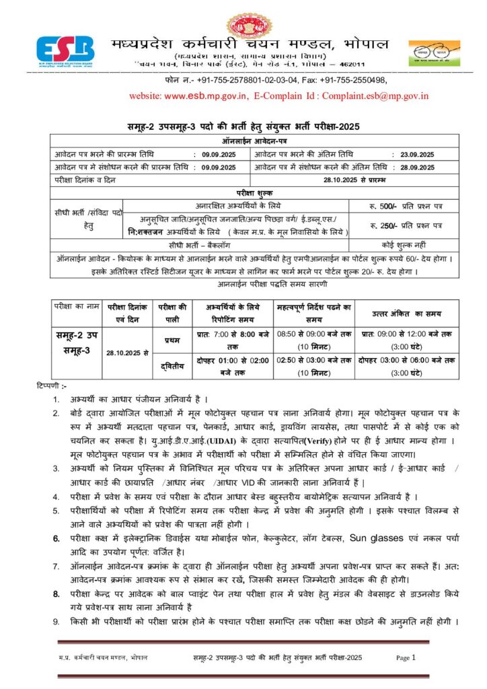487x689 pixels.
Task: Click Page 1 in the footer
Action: pyautogui.click(x=406, y=657)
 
